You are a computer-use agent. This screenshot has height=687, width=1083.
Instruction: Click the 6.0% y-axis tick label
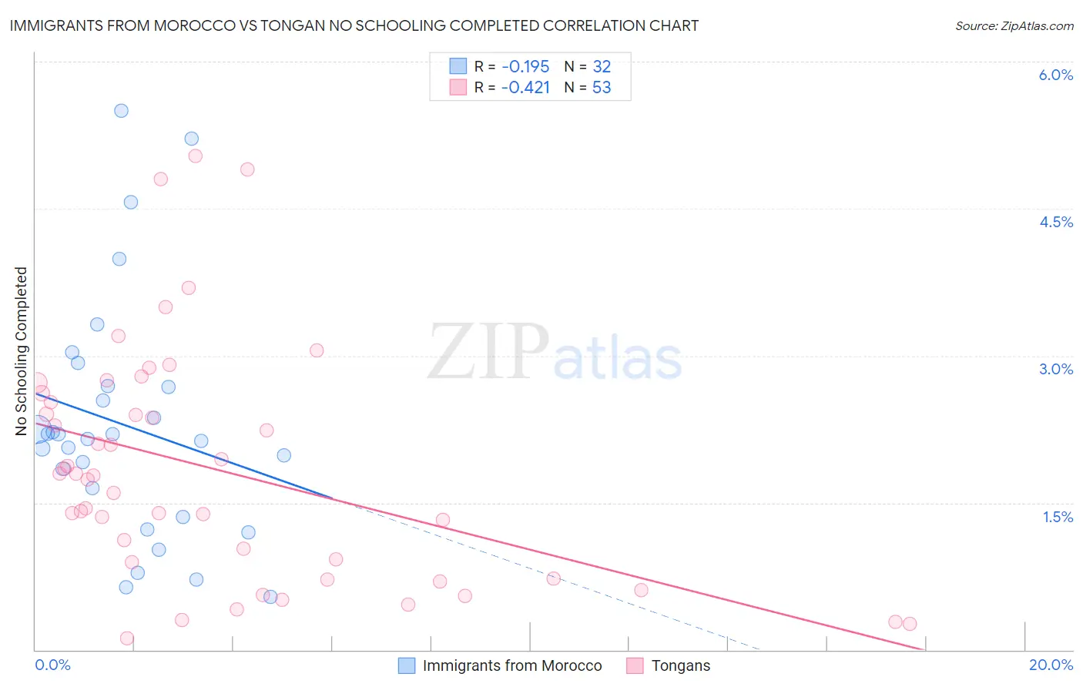click(1055, 75)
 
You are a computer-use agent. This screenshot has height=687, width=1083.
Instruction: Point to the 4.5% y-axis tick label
click(1055, 222)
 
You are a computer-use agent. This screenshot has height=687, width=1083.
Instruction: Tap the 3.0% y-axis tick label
click(1055, 369)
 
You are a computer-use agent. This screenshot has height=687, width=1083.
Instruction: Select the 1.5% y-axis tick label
click(1058, 517)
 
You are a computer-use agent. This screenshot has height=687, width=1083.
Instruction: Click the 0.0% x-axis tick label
click(52, 665)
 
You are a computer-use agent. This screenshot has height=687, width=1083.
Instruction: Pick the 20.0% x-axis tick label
click(1051, 665)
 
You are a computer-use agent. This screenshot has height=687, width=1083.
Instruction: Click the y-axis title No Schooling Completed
click(21, 351)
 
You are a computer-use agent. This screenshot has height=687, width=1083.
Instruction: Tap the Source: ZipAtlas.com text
click(1014, 25)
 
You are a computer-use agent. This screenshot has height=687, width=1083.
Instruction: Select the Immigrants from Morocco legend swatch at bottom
click(407, 665)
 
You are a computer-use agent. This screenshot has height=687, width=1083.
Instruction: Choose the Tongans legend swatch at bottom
click(635, 665)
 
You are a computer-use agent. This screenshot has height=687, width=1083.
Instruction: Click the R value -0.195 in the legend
click(525, 66)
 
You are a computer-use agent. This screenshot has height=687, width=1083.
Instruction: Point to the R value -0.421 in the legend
click(525, 87)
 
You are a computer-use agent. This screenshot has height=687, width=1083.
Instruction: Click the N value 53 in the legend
click(602, 87)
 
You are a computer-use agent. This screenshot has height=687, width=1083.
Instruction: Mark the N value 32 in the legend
click(602, 66)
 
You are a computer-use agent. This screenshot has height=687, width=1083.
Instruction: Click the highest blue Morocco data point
click(121, 110)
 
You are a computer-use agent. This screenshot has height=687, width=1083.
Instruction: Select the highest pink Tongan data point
click(195, 156)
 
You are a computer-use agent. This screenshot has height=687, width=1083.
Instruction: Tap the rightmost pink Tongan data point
click(910, 624)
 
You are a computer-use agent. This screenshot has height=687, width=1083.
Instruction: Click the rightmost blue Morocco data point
click(284, 455)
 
